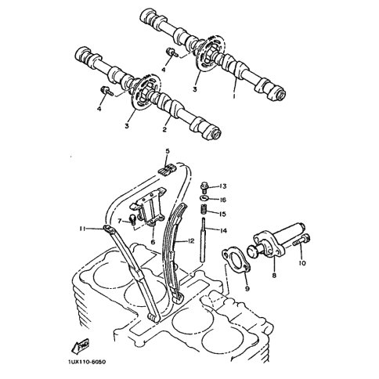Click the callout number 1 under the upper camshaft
pos(234,96)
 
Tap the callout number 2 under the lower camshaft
pos(164,129)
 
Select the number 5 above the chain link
pos(168,151)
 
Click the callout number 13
pos(222,186)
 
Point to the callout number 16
pos(222,200)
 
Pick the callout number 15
pos(222,214)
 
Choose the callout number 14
pos(223,230)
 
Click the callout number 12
pos(191,241)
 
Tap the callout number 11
pos(83,229)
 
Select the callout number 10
pos(302,263)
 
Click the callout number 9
pos(247,289)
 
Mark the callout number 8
pos(274,275)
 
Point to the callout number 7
pos(120,222)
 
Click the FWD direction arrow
pos(81,345)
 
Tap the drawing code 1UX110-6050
pos(88,362)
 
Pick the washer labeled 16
pos(204,198)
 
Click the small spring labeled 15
pos(204,210)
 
